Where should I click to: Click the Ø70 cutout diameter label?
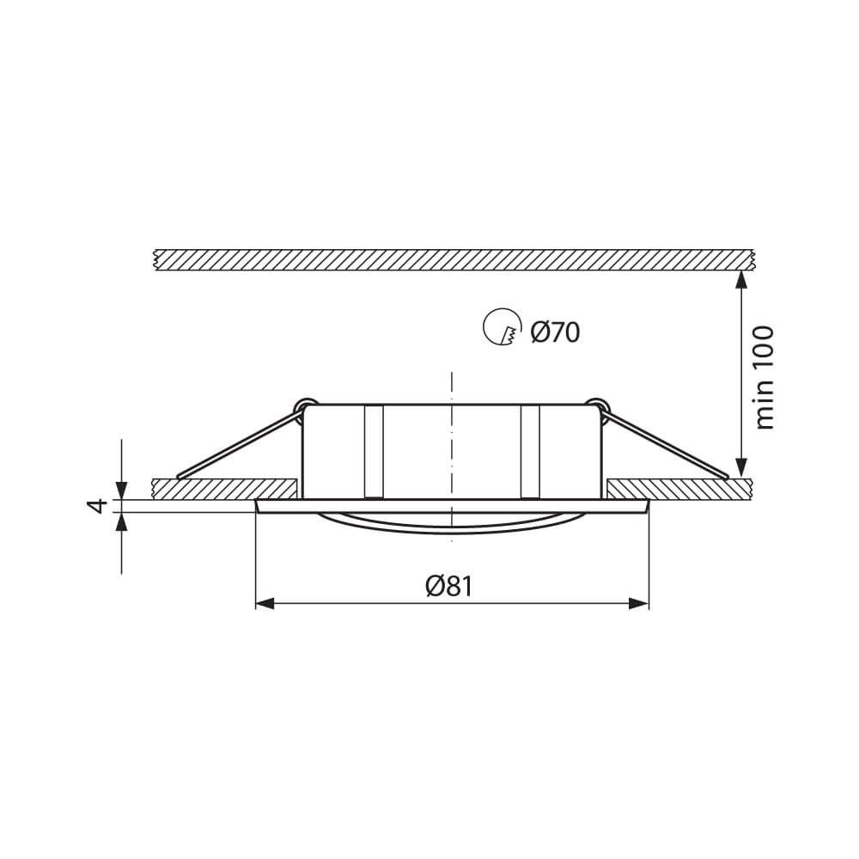(x=556, y=332)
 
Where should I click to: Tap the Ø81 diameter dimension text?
(x=448, y=586)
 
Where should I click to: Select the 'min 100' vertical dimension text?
(x=765, y=378)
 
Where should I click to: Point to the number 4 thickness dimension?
(x=98, y=505)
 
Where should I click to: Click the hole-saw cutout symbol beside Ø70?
(x=502, y=327)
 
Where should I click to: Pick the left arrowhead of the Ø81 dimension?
(x=265, y=604)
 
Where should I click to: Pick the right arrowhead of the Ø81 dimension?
(x=639, y=604)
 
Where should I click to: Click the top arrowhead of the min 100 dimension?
(x=740, y=280)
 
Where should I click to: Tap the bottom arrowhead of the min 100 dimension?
(x=740, y=468)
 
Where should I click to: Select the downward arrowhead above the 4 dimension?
(x=121, y=490)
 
